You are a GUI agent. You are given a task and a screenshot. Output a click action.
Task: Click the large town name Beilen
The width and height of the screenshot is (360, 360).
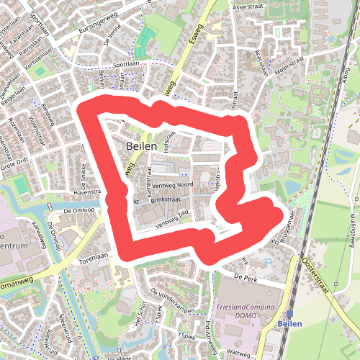(140, 145)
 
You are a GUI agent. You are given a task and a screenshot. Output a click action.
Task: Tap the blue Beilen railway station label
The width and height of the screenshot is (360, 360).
(289, 324)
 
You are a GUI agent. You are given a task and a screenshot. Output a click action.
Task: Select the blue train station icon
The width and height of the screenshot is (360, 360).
(289, 314)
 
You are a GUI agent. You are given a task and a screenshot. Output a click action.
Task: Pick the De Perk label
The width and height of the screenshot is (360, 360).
(245, 276)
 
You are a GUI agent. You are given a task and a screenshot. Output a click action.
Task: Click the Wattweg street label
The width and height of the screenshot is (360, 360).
(238, 354)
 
